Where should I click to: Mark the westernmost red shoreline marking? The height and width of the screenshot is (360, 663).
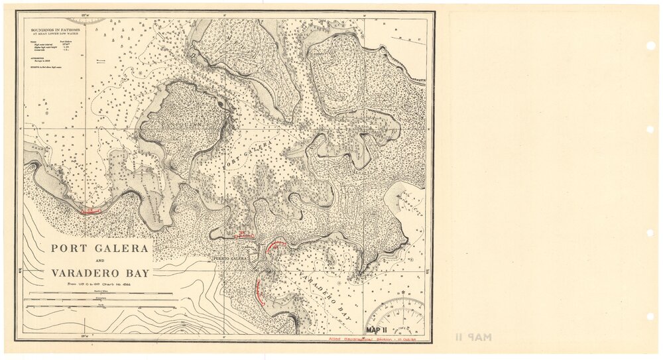pos(90,211)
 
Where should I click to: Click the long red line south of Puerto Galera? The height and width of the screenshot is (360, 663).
pos(259,292)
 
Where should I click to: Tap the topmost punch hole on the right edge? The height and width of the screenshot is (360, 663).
pos(651,46)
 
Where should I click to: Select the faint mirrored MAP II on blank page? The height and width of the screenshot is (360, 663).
pos(473,337)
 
